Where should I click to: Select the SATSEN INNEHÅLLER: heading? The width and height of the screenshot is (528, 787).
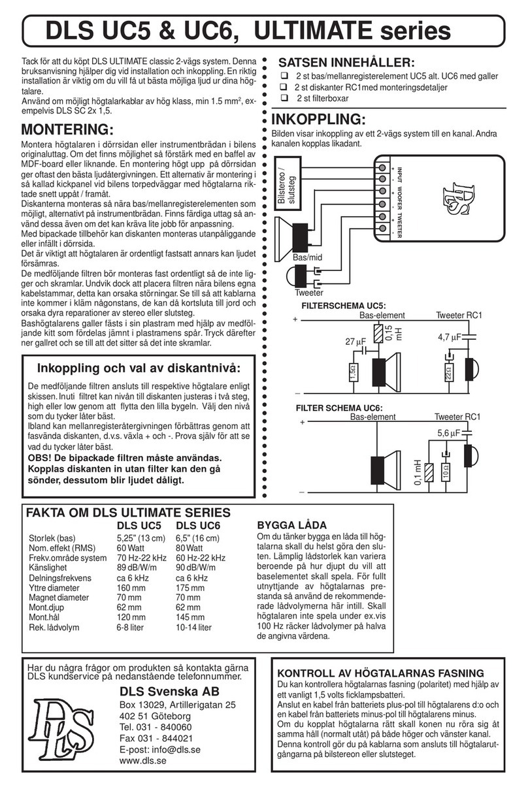pos(346,63)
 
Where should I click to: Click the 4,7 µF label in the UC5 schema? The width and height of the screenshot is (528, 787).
pos(450,338)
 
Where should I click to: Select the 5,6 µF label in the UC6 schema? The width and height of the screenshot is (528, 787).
pos(450,432)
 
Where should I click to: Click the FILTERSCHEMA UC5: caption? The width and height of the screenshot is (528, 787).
pos(343,306)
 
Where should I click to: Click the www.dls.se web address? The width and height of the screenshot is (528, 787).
pos(143,761)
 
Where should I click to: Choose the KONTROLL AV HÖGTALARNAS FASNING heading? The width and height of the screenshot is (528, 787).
pos(381,673)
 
